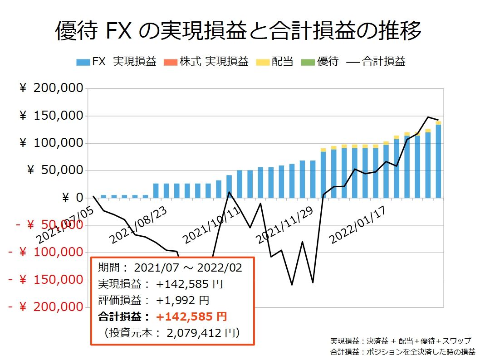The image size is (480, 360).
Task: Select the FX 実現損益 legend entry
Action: [x=116, y=62]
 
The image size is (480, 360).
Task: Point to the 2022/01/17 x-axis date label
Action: [x=357, y=225]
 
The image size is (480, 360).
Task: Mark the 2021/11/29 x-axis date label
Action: [x=284, y=225]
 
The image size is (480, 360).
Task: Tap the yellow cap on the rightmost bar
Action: [x=438, y=123]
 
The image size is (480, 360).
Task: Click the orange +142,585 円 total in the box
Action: [x=191, y=316]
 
